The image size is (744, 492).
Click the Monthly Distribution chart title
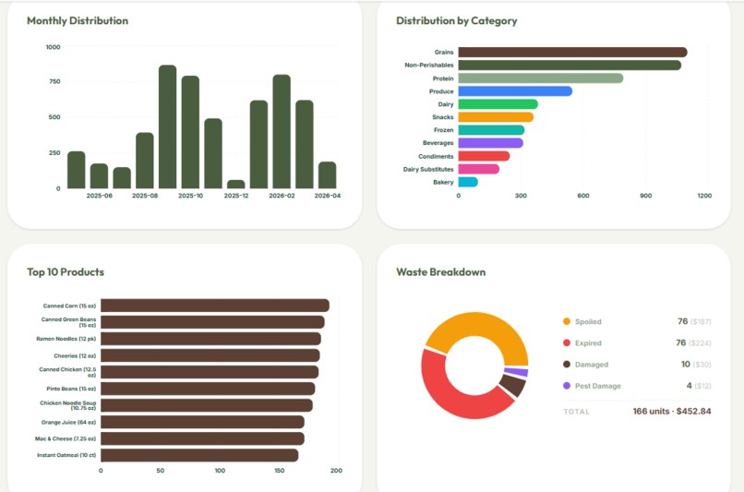click(x=78, y=20)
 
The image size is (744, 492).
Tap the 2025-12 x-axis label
click(x=236, y=196)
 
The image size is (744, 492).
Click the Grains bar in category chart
click(x=572, y=53)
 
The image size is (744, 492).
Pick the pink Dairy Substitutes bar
click(x=479, y=169)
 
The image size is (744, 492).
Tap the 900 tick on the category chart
click(x=645, y=196)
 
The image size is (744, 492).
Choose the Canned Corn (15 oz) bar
click(x=214, y=306)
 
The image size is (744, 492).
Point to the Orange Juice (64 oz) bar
click(x=202, y=422)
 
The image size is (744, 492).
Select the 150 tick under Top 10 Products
click(x=279, y=471)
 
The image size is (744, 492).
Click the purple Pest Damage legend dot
click(x=567, y=386)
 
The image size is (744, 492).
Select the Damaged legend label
click(x=592, y=365)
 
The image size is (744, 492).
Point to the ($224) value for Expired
click(x=702, y=343)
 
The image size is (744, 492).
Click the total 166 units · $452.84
click(x=671, y=411)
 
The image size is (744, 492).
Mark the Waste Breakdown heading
click(x=440, y=272)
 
